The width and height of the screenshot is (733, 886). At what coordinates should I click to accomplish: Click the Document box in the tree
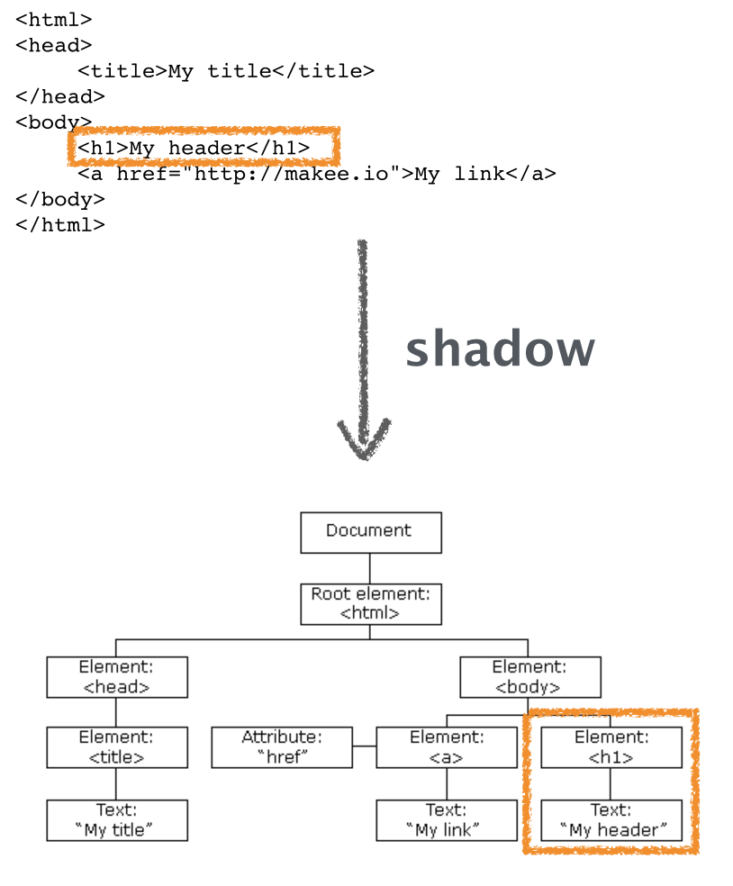[x=370, y=532]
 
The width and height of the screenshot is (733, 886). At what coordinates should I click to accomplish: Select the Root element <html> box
[x=370, y=604]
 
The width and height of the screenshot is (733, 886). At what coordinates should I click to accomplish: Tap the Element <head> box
[x=117, y=676]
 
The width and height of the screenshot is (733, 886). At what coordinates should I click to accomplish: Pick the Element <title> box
[x=117, y=747]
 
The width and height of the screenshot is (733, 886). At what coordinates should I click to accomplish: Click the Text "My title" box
[x=117, y=819]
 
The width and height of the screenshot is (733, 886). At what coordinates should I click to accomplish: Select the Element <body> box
[x=529, y=676]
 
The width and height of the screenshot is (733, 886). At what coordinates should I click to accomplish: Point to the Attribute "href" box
[x=282, y=747]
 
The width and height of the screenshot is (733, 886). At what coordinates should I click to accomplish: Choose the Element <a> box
[x=447, y=747]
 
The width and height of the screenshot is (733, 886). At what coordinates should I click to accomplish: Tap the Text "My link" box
[x=447, y=819]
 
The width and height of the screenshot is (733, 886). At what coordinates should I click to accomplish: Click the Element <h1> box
[x=611, y=747]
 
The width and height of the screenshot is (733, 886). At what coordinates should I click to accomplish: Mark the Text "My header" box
[x=611, y=819]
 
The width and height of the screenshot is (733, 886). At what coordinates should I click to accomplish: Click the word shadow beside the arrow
[x=500, y=349]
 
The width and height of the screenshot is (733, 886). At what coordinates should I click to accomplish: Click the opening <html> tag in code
[x=53, y=19]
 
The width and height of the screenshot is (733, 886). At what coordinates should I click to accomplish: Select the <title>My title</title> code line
[x=225, y=71]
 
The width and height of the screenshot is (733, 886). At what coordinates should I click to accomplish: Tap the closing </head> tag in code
[x=59, y=96]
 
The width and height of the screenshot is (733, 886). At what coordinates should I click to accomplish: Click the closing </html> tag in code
[x=59, y=225]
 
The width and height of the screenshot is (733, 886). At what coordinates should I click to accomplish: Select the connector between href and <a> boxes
[x=364, y=746]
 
